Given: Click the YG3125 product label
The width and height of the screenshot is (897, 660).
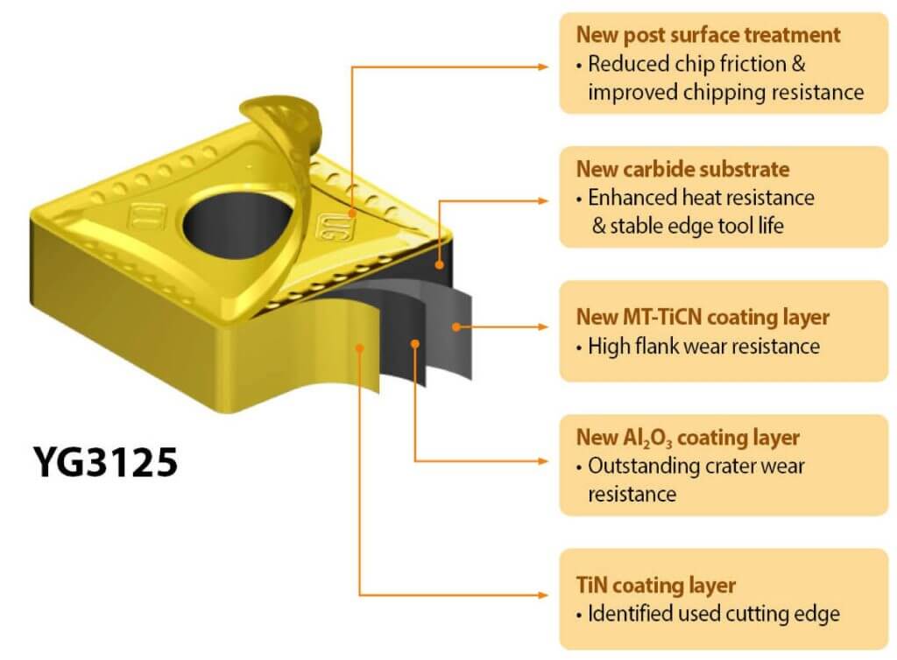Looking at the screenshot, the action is click(x=106, y=461).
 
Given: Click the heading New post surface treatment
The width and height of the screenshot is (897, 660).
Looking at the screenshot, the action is click(x=708, y=35).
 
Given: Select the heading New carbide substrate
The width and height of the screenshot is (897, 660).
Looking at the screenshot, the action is click(x=683, y=169).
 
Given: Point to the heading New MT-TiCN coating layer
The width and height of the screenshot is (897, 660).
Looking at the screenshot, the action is click(x=703, y=317).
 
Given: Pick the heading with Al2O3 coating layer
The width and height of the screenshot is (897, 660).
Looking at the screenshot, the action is click(x=688, y=438).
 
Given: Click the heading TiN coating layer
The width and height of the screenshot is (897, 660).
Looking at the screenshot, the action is click(x=655, y=585).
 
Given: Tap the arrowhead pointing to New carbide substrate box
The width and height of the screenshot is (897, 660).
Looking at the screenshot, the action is click(x=543, y=200).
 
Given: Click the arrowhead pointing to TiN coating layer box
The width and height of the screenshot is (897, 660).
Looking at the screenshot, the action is click(x=543, y=595).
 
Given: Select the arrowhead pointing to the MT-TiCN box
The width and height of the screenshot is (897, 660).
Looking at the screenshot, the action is click(x=543, y=326).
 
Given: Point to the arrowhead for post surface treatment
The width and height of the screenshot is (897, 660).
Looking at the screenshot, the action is click(x=543, y=67).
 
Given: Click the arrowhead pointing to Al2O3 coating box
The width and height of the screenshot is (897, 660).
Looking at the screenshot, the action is click(x=543, y=460).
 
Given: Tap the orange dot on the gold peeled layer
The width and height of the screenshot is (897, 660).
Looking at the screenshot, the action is click(x=360, y=348).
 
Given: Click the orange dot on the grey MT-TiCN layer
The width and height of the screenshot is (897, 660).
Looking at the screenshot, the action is click(x=456, y=326).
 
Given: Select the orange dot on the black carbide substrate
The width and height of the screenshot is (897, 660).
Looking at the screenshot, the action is click(x=440, y=264).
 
